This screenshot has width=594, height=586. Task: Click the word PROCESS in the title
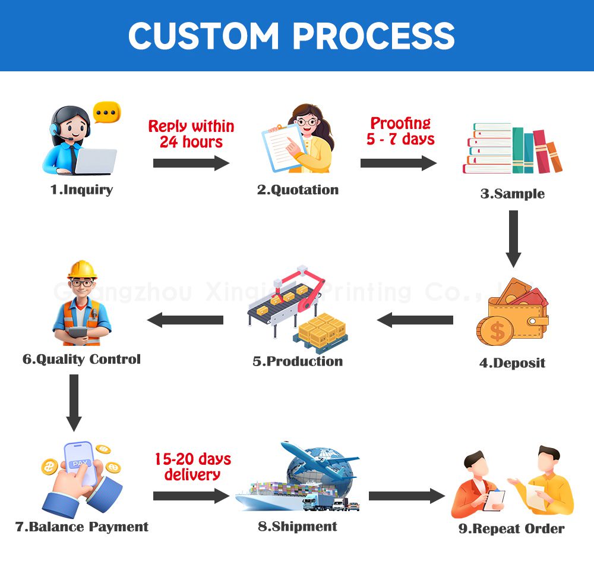pos(374,36)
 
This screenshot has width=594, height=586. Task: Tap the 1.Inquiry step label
pos(81,190)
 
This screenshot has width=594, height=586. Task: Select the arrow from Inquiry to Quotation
pos(191,163)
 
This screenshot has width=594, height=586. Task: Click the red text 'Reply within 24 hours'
pos(191,134)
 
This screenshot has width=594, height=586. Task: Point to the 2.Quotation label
pos(298,190)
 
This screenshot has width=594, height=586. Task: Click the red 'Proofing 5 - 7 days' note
pos(400,131)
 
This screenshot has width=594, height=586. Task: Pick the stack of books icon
pos(512,150)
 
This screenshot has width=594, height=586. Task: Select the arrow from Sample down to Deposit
pos(513,238)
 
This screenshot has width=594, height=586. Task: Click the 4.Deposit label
pos(512,363)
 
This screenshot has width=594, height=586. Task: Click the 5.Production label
pos(298,361)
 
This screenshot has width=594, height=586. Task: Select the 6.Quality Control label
pos(81,359)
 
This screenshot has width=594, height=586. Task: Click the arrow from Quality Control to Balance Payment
pos(74,402)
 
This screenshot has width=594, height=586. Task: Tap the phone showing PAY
pos(81,464)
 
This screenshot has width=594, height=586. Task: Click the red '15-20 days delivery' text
pos(192,467)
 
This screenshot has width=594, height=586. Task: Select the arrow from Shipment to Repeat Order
pos(406,496)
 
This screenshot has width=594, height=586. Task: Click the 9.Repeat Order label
pos(511,528)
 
